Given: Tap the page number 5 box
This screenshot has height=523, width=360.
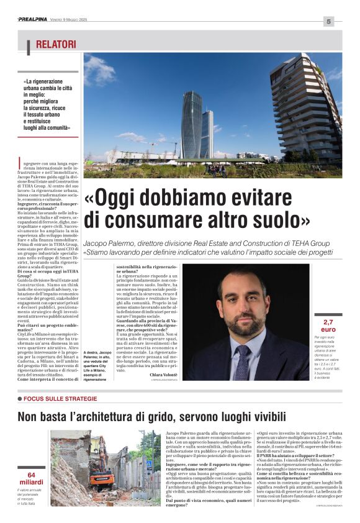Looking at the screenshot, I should coord(328,22).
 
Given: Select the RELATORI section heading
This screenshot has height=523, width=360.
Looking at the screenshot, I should coord(56,44).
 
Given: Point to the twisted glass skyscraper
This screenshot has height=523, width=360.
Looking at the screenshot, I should coord(191,124).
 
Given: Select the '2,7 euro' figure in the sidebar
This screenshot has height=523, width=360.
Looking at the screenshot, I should coord(327,325).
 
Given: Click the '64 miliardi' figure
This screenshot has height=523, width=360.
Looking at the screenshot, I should coord(31,479).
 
